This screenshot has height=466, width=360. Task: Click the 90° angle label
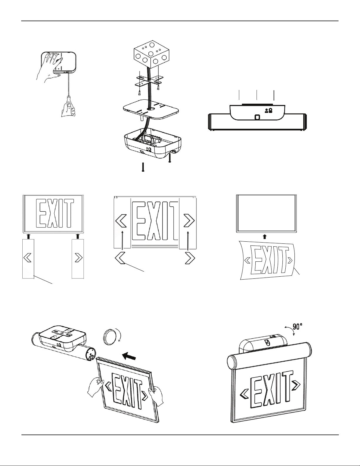click(x=298, y=327)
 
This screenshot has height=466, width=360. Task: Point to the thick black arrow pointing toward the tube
click(x=129, y=356)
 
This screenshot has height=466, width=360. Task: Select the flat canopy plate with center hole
click(x=151, y=110)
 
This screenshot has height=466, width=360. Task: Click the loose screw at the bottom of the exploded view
click(x=143, y=167)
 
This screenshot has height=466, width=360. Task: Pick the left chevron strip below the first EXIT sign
click(x=28, y=259)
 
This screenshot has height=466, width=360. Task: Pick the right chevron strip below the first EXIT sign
click(x=78, y=259)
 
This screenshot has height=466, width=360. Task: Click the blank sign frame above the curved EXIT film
click(x=267, y=213)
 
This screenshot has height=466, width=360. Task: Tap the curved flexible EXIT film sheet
click(x=268, y=260)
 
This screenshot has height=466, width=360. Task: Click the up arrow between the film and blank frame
click(x=265, y=236)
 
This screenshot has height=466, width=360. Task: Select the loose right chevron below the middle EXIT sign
click(x=190, y=258)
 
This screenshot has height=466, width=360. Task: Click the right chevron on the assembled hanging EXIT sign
click(x=296, y=384)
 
